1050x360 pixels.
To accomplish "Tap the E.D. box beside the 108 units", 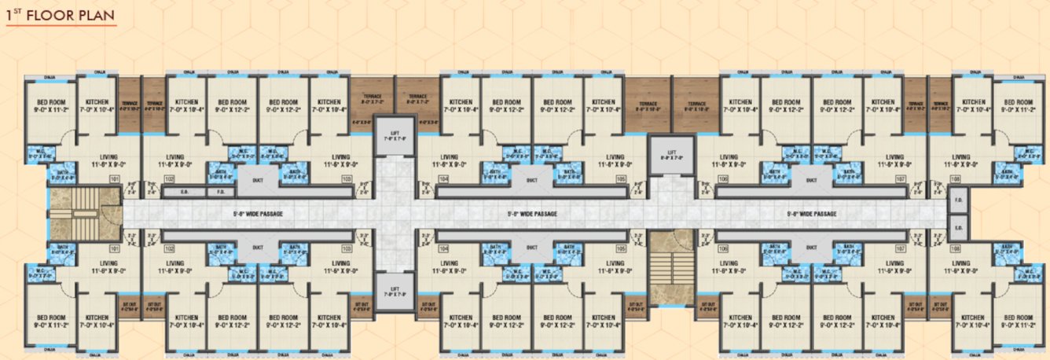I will [959, 228].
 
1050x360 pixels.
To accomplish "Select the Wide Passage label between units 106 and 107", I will [813, 214].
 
